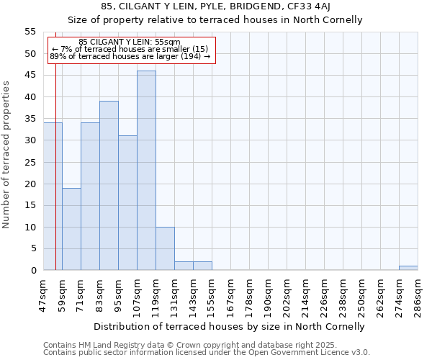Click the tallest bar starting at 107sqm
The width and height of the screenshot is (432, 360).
coord(146,171)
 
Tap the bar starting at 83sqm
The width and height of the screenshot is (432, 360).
coord(109,186)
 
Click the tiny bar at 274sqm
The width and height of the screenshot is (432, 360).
coord(408,268)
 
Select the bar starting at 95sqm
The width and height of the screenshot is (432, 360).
coord(127,203)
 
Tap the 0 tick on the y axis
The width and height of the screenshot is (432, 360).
coord(32,271)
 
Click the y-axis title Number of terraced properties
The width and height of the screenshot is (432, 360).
coord(7,154)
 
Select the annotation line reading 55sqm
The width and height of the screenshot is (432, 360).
coord(130,42)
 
